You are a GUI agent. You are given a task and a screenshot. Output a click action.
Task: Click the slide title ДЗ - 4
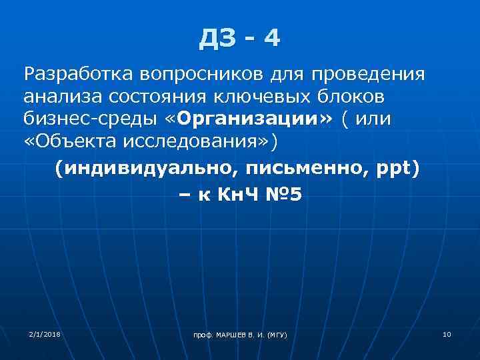(x=240, y=39)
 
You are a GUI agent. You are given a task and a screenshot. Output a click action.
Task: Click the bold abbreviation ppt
(x=393, y=169)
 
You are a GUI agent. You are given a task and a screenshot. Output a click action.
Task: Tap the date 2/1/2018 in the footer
(x=44, y=333)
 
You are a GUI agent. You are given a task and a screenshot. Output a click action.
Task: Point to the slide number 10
(x=446, y=333)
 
